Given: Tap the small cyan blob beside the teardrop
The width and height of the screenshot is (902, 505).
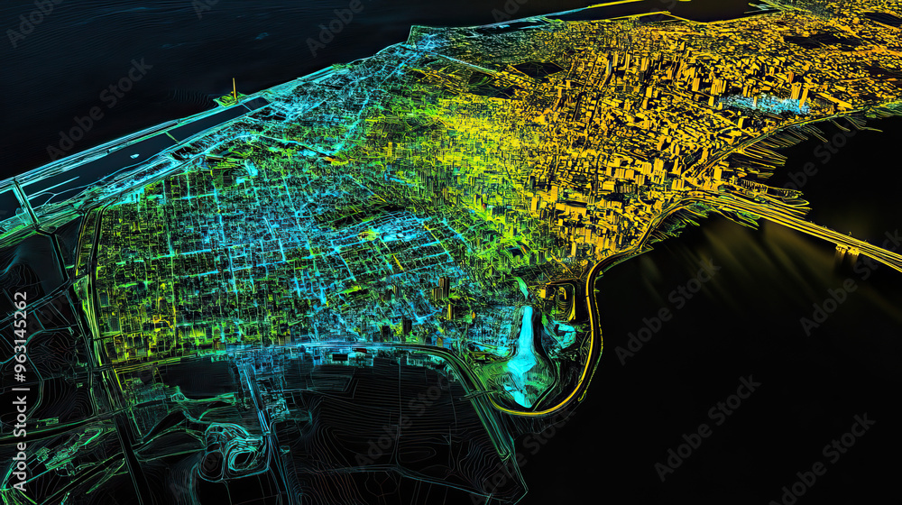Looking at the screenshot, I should point(565,335).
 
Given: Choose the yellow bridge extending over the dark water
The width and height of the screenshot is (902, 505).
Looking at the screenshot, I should point(812,225).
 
